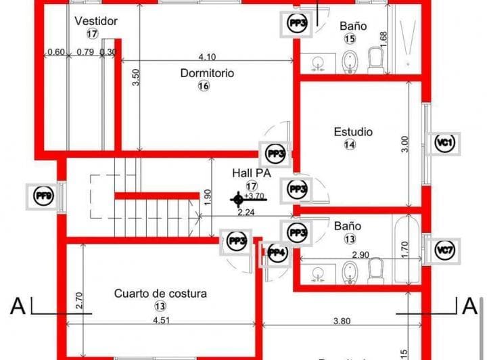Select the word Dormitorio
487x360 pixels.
(207, 72)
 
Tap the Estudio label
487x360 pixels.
(353, 131)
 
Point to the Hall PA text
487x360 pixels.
(251, 173)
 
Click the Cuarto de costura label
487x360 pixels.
(160, 293)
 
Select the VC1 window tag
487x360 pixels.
(444, 142)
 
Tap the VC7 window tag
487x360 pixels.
(444, 251)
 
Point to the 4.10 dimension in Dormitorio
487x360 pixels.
(207, 57)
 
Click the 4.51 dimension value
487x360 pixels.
(161, 320)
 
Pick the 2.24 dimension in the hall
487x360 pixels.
(246, 212)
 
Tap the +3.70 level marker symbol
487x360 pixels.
(237, 198)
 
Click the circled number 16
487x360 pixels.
(204, 86)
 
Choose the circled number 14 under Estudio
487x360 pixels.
(350, 144)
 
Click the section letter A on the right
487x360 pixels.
(469, 306)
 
